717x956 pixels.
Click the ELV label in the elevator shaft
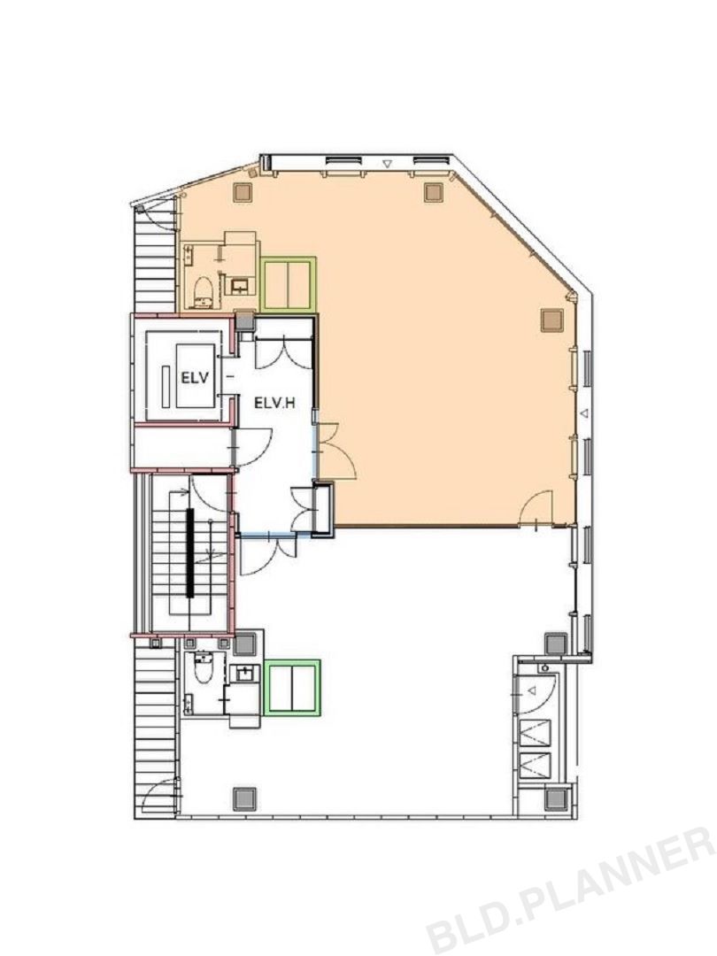[195, 377]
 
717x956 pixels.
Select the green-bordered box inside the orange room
[288, 283]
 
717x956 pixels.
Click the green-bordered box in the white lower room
[293, 687]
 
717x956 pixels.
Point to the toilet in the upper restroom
[203, 291]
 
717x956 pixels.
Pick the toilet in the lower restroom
[203, 669]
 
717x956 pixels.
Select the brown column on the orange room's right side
[551, 320]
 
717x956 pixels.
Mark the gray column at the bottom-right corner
[556, 798]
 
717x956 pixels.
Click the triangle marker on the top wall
[387, 164]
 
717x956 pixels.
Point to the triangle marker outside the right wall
[585, 413]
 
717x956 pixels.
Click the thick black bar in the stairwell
[190, 552]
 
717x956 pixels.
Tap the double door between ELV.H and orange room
[335, 450]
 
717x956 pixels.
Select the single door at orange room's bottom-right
[536, 507]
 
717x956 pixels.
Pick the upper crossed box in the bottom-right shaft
[534, 731]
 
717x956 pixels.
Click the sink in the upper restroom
[239, 285]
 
